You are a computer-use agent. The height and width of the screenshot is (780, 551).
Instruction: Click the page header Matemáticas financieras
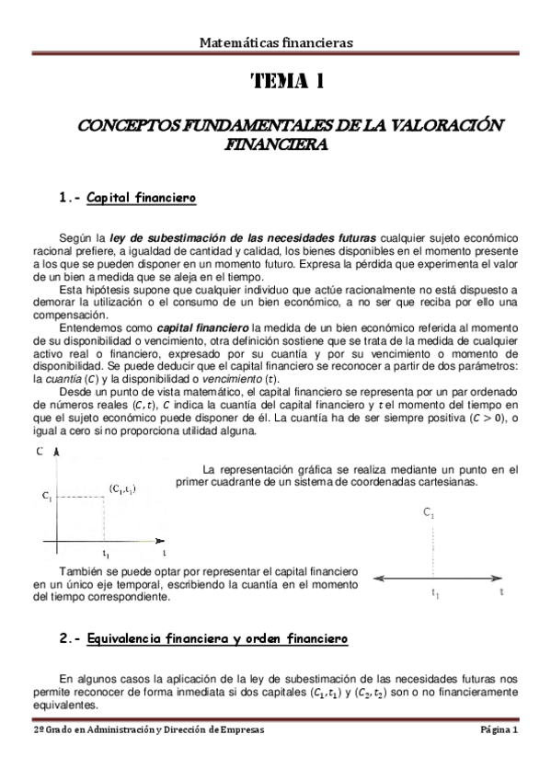point(275,41)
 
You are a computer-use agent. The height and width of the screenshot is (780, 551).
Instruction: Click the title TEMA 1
point(286,83)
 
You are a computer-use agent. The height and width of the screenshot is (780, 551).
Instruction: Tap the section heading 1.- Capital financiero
point(127,198)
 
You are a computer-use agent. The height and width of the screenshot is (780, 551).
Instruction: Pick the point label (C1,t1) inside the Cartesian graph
point(121,490)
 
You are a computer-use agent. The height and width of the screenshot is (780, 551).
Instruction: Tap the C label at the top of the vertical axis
point(40,452)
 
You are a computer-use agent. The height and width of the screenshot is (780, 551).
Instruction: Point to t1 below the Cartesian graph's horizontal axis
point(107,555)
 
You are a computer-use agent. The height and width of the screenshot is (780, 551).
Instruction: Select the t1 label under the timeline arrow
point(434,594)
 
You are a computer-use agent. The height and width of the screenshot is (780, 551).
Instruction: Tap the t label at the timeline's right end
point(501,592)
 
